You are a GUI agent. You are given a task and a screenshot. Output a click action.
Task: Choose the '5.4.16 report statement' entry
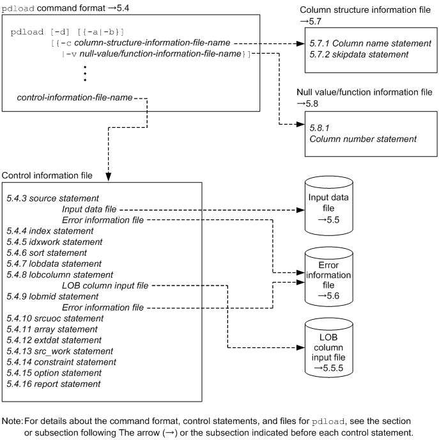pos(53,383)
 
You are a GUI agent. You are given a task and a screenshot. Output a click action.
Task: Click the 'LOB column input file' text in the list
pos(105,285)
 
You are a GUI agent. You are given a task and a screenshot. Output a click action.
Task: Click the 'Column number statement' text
pos(363,138)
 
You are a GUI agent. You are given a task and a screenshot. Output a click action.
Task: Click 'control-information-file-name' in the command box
pos(75,98)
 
